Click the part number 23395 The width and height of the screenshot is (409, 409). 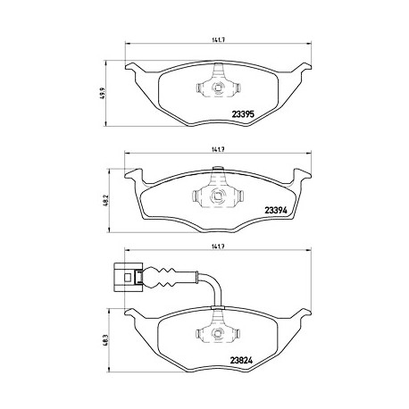coord(243,114)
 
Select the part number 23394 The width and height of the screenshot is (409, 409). coord(276,211)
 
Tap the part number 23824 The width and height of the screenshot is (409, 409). coord(241,361)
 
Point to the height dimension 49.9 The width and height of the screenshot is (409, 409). coord(104,93)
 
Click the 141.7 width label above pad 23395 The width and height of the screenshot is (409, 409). coord(218,40)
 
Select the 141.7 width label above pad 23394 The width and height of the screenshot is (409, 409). coord(218,150)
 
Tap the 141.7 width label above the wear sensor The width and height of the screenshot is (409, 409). coord(218,246)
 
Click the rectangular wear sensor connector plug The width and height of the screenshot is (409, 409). coord(129,278)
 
